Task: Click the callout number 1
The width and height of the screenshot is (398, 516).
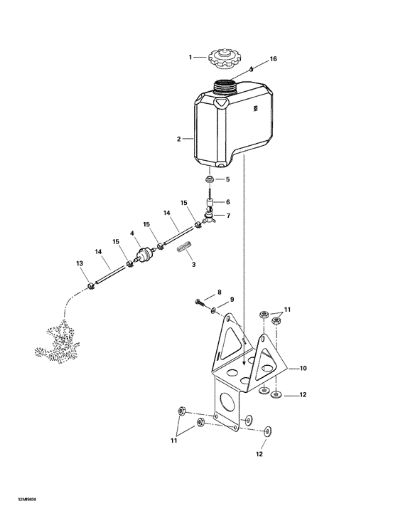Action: [190, 56]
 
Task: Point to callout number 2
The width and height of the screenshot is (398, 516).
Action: [178, 138]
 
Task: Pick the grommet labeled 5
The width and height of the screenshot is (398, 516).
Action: [210, 179]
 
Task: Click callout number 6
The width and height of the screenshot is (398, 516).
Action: [227, 201]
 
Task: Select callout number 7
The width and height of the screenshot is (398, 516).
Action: [228, 215]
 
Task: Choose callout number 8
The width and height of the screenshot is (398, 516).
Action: [219, 293]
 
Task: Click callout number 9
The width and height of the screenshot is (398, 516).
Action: [231, 300]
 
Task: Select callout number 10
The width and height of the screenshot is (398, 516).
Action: [303, 368]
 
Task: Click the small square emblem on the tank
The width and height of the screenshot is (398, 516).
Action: [254, 109]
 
